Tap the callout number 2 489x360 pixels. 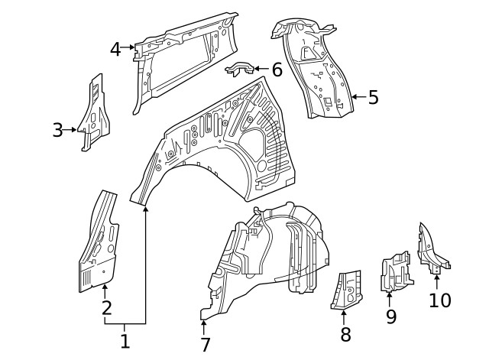(106, 308)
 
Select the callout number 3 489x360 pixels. (58, 130)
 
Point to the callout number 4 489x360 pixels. (115, 50)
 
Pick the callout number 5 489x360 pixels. (373, 97)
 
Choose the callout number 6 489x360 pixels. (277, 70)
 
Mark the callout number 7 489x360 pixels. (205, 345)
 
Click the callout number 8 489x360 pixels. (345, 334)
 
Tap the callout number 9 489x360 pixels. (391, 316)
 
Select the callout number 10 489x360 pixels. (440, 300)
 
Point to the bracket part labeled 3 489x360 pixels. (94, 115)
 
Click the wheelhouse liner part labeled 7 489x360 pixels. (267, 260)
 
